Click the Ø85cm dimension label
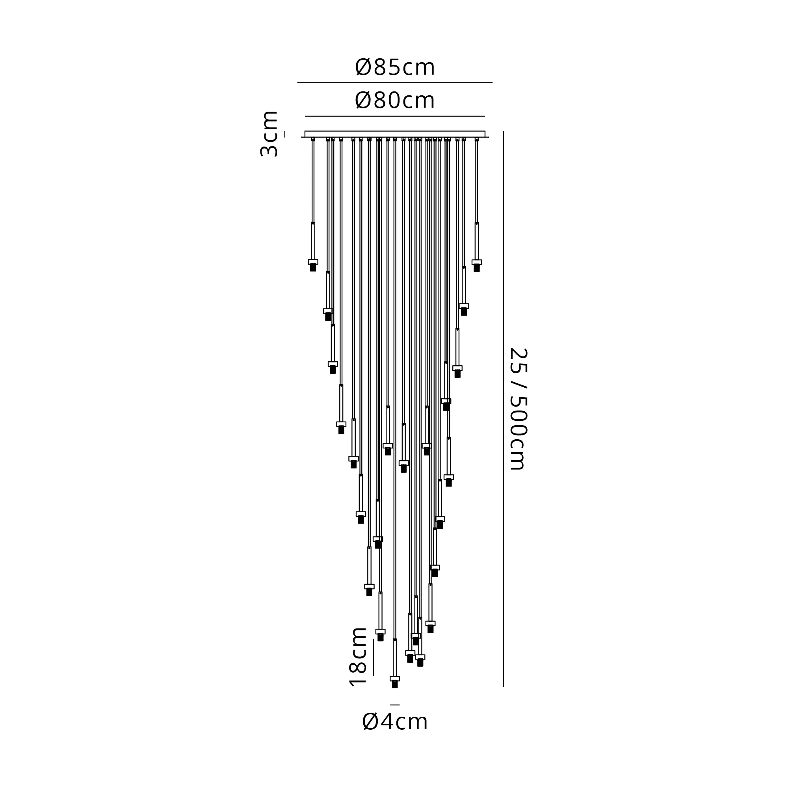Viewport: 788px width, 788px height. (x=394, y=67)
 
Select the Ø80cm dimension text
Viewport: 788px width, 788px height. (x=394, y=100)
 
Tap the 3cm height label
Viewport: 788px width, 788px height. (x=269, y=134)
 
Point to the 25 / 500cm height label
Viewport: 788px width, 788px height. (x=519, y=409)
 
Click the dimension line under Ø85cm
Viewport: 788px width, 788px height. (x=395, y=83)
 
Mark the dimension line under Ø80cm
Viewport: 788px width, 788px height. (x=395, y=116)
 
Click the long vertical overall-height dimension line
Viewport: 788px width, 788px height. (x=503, y=409)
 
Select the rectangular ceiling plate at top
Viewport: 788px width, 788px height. (x=395, y=134)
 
